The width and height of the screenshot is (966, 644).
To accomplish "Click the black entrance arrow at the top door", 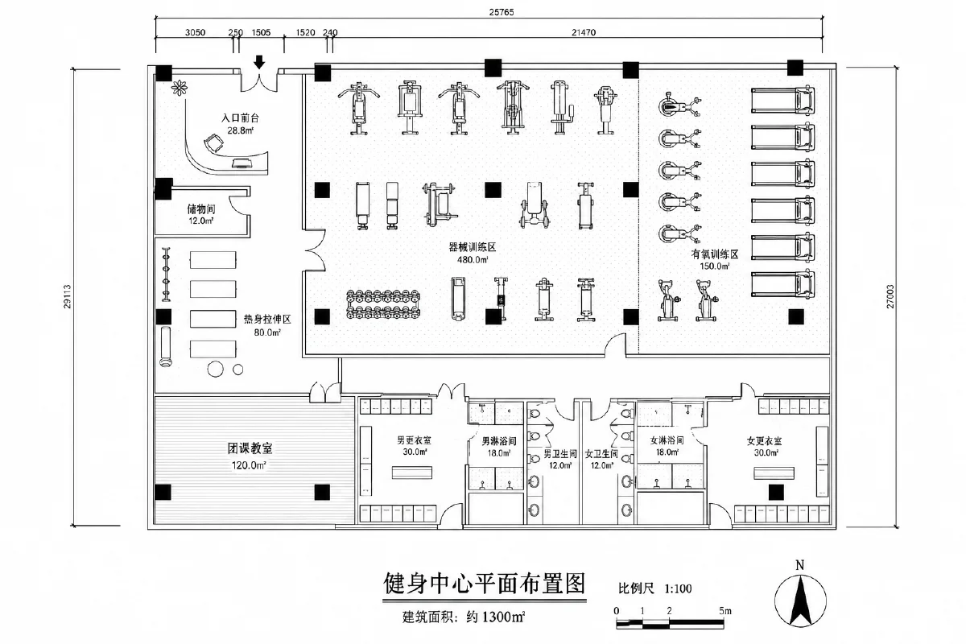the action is (258, 62).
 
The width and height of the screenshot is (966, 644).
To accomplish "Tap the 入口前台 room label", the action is (240, 118).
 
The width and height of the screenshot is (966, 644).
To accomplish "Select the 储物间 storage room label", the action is (201, 209).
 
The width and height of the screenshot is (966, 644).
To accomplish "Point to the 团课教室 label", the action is (250, 448).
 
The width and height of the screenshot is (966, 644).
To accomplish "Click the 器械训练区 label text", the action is (473, 247).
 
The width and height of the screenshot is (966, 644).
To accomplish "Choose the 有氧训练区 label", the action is (715, 254).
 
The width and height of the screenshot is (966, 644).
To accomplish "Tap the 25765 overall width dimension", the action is (501, 12).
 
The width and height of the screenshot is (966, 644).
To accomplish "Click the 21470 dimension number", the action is (584, 32).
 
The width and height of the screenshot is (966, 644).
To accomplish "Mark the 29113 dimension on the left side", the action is (68, 296).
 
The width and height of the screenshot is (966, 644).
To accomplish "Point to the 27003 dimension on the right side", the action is (890, 296).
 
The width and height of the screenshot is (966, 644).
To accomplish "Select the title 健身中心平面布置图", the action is (485, 584).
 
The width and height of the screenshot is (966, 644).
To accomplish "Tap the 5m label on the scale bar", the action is (725, 611).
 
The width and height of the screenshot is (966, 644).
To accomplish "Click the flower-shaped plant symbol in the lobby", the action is (179, 88).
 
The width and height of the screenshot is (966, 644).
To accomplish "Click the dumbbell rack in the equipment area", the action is (383, 304).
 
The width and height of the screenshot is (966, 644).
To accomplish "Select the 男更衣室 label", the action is (414, 440).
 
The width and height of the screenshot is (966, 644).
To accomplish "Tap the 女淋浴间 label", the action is (667, 440).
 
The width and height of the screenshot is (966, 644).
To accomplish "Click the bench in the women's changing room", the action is (774, 473).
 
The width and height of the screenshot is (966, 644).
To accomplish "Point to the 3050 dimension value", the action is (195, 32).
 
